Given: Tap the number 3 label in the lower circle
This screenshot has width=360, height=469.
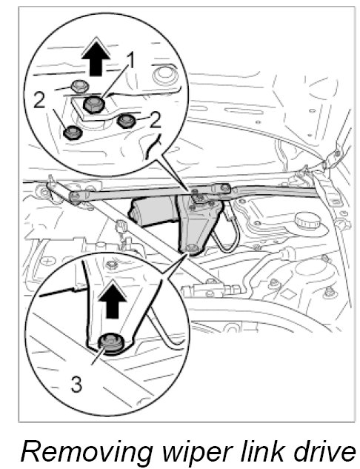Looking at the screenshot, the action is point(76,384).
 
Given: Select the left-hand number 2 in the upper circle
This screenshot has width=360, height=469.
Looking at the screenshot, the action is point(39,100).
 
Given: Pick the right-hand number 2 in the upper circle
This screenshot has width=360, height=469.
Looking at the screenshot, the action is point(156,119).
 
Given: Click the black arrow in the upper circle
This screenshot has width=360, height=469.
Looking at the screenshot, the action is point(96,58).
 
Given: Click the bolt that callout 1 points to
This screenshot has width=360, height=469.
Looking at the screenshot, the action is point(94,104).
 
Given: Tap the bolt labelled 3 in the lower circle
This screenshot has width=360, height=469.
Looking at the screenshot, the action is point(110,343).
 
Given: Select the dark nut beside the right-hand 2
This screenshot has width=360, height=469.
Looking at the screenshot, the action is point(126,121).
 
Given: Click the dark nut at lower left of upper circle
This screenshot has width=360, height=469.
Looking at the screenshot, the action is point(73,133).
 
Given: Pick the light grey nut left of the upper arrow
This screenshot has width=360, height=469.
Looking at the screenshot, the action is point(79,87).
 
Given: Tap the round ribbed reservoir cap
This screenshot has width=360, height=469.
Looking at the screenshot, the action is point(307,222).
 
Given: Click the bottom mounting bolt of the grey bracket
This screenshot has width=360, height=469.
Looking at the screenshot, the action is point(190,248).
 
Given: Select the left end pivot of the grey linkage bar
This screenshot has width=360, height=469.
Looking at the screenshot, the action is point(75,196).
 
